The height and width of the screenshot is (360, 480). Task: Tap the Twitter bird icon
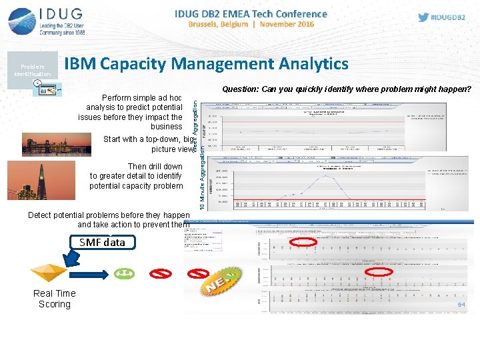point(423,17)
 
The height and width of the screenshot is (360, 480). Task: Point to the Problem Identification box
point(32,70)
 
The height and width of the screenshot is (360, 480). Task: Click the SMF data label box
point(102,243)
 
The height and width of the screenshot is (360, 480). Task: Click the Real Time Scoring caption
point(55,299)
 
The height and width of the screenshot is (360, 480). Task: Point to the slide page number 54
point(461,305)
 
